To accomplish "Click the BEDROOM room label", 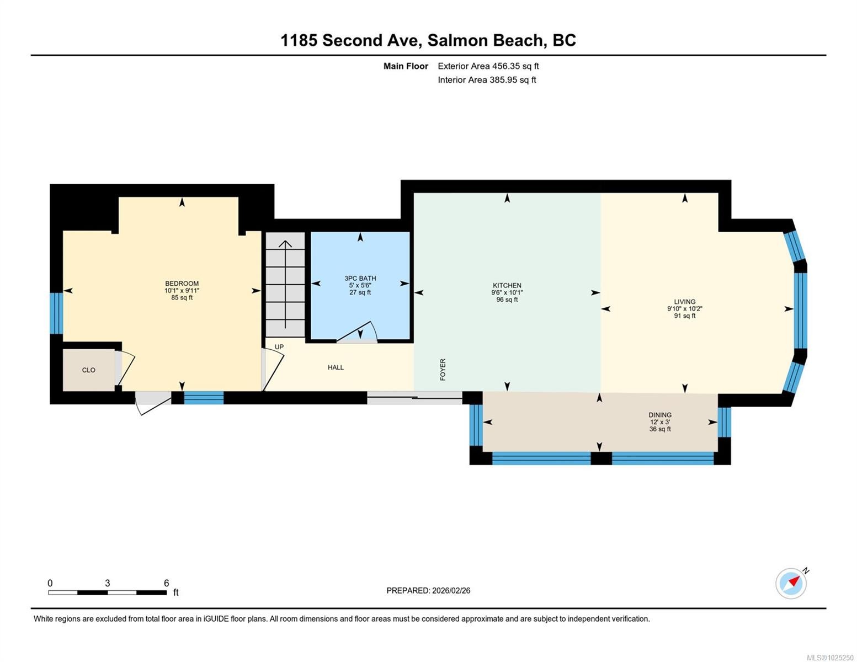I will (182, 284).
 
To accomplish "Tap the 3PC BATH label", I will (360, 279).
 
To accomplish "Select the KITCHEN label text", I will (507, 286).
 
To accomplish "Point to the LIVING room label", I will (684, 302).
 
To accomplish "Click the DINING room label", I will (660, 415).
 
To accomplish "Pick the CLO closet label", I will (88, 370).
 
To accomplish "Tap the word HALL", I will (336, 367).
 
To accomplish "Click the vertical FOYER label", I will (443, 369).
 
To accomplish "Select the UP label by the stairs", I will (279, 347).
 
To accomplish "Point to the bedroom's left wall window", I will (56, 313).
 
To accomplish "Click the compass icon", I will (791, 583).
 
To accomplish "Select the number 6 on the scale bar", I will (166, 583).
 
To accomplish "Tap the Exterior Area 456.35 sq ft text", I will (488, 66).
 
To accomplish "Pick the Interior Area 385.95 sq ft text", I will (487, 80).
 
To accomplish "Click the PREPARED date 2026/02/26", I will (428, 590).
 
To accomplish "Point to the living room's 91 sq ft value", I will (684, 316).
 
